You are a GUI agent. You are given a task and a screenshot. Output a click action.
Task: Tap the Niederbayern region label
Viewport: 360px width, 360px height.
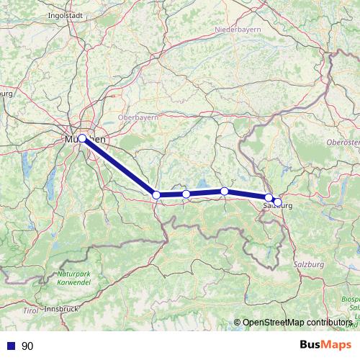235,30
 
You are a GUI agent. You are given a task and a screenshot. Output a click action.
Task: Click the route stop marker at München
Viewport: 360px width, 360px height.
82,138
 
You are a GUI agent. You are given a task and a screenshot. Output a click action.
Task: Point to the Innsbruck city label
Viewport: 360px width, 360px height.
60,308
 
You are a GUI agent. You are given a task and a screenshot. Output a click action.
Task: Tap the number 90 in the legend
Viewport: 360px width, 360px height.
27,346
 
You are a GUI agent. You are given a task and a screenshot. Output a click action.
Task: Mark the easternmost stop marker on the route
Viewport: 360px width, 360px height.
278,202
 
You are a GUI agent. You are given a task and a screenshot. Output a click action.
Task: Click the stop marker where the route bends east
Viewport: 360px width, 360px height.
156,194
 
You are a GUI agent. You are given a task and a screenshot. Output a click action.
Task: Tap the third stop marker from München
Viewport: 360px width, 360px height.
186,194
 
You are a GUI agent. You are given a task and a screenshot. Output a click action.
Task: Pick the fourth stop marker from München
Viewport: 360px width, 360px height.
225,191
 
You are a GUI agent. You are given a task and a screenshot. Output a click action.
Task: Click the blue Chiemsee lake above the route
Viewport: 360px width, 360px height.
202,183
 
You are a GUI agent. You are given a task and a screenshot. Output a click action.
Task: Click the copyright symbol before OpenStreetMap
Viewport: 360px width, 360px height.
238,323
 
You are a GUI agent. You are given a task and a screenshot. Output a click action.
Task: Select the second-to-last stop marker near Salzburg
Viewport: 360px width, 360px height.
269,197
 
